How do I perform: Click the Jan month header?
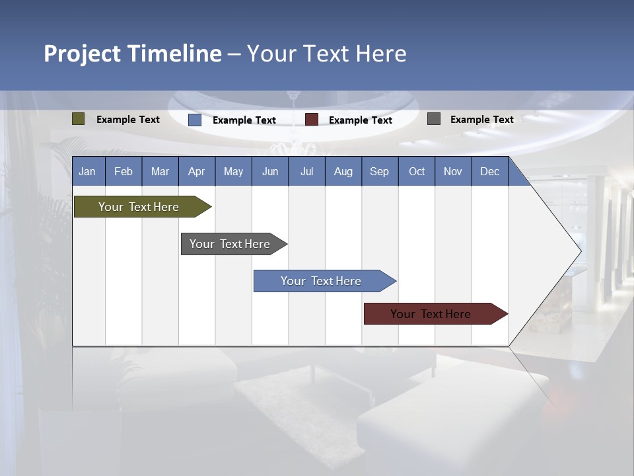pyautogui.click(x=87, y=171)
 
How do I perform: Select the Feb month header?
pyautogui.click(x=123, y=171)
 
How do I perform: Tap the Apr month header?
pyautogui.click(x=196, y=171)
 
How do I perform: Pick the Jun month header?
pyautogui.click(x=270, y=171)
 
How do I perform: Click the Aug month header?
pyautogui.click(x=343, y=171)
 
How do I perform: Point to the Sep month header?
pyautogui.click(x=379, y=171)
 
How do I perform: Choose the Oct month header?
pyautogui.click(x=417, y=171)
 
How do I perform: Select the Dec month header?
pyautogui.click(x=489, y=171)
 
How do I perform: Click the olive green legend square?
pyautogui.click(x=79, y=119)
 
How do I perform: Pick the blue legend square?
pyautogui.click(x=195, y=120)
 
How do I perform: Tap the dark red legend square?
pyautogui.click(x=312, y=120)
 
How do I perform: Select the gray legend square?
pyautogui.click(x=434, y=119)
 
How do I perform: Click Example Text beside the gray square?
pyautogui.click(x=481, y=120)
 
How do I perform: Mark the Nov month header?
pyautogui.click(x=453, y=171)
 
